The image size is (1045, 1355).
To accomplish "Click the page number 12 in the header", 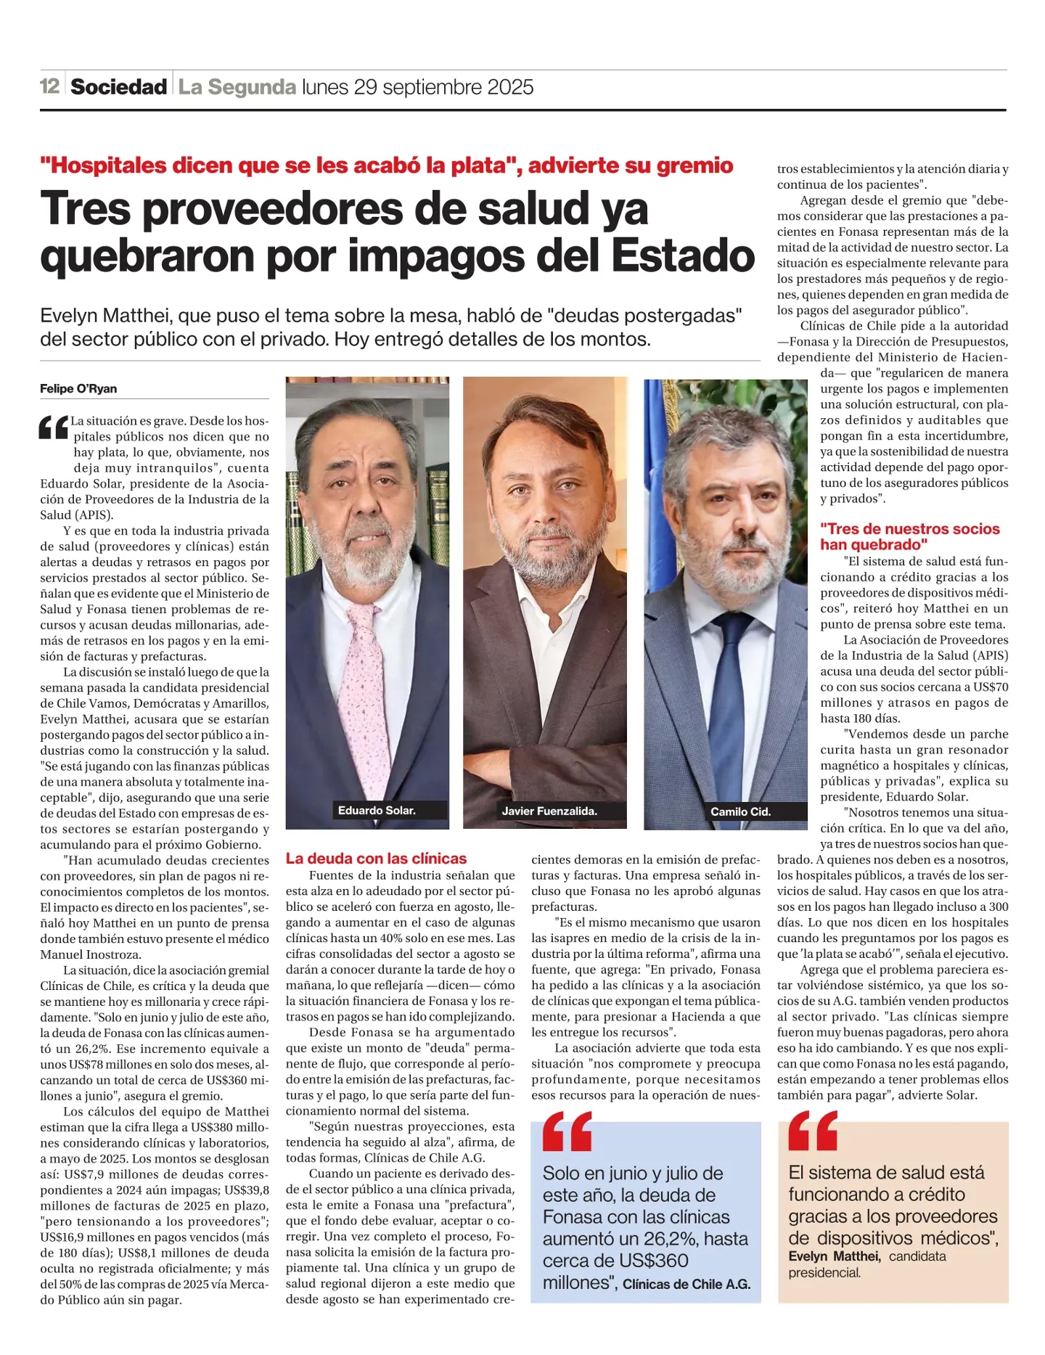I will click(x=49, y=86).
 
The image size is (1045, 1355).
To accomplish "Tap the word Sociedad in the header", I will click(x=118, y=87).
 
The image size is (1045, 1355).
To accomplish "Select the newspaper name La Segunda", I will click(x=237, y=87).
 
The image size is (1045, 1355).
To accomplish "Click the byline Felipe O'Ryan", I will click(x=78, y=389).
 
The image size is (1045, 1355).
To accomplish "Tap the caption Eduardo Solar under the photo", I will click(x=377, y=810).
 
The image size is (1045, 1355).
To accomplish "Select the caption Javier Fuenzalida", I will click(x=549, y=811).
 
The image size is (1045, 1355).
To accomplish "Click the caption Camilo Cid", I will click(x=740, y=811).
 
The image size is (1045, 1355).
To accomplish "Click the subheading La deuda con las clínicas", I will click(x=376, y=859).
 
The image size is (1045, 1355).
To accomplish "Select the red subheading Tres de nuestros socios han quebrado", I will click(x=910, y=537).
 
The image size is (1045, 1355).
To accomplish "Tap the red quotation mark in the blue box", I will click(x=567, y=1131).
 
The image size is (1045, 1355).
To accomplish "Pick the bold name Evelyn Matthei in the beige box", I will click(x=835, y=1256).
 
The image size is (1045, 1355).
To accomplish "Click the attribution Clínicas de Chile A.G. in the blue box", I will click(x=687, y=1284).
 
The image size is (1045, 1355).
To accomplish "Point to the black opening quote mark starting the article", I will click(x=54, y=427).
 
